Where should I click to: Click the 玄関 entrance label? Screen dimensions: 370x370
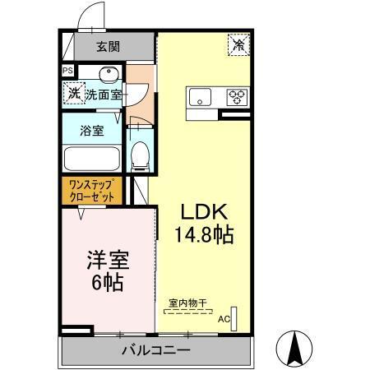(x=107, y=46)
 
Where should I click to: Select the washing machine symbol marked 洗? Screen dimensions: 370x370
(x=73, y=94)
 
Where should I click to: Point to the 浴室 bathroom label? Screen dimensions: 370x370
(x=91, y=129)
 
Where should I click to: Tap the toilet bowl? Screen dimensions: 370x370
(x=141, y=153)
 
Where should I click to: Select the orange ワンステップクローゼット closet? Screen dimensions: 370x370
(x=92, y=191)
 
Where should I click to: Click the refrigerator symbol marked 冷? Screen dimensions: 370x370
(x=239, y=45)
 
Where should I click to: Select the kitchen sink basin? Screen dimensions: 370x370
(x=201, y=98)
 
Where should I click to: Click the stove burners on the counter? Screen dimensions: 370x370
(x=238, y=97)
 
